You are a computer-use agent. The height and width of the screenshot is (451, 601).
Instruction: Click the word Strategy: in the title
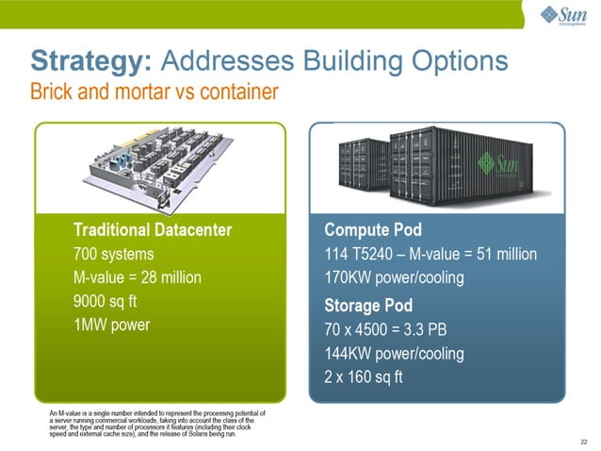click(x=90, y=61)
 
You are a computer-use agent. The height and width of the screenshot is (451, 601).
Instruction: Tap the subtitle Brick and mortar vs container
click(x=154, y=92)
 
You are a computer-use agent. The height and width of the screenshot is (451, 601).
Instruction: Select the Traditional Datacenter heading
click(x=152, y=229)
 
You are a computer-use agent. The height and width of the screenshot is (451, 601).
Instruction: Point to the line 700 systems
click(x=114, y=254)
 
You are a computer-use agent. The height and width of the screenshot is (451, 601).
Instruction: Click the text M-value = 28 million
click(x=137, y=278)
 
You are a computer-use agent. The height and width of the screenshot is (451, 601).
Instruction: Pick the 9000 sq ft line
click(x=106, y=304)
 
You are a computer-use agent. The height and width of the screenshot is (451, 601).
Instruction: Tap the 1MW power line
click(x=111, y=328)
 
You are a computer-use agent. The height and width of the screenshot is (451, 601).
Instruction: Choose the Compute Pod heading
click(x=372, y=229)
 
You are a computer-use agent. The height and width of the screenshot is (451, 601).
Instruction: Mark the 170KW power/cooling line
click(x=393, y=279)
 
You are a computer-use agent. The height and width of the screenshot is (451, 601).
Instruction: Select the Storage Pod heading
click(x=368, y=306)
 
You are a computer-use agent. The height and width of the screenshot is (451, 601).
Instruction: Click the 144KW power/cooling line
click(x=394, y=355)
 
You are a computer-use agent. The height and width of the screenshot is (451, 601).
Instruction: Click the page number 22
click(x=584, y=440)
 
